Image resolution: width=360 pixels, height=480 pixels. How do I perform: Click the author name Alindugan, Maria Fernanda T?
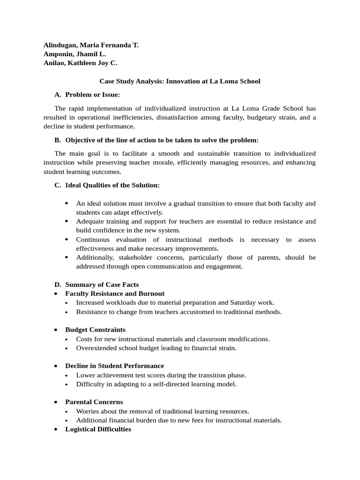91,45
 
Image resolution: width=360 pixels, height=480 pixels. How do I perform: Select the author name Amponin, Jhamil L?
75,54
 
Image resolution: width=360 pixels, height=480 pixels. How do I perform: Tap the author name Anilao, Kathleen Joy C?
81,63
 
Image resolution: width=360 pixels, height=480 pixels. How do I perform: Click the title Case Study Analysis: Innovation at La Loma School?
180,81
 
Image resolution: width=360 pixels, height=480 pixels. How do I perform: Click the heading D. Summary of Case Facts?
102,285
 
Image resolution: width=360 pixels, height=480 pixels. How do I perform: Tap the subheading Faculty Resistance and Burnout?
115,293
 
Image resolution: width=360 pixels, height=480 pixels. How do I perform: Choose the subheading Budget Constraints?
95,330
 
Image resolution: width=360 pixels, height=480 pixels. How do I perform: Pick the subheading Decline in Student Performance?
114,366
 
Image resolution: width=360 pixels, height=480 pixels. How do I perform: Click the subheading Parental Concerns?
94,402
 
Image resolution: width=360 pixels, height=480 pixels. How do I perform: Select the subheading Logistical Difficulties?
98,429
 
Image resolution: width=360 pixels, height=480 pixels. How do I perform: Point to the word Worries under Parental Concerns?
88,411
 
